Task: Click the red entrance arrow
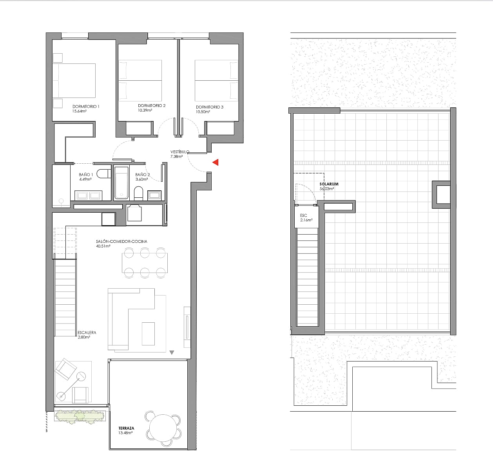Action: [x=216, y=162]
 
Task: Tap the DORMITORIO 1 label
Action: [x=86, y=107]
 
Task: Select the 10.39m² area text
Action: [x=145, y=110]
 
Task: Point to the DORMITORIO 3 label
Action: [x=210, y=107]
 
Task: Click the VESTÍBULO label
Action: [x=180, y=152]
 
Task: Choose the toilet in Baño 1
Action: [x=104, y=173]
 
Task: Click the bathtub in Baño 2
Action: [x=121, y=183]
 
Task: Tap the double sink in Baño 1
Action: [x=89, y=195]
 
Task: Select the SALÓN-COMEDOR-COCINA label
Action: [x=121, y=241]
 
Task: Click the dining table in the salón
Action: [x=145, y=262]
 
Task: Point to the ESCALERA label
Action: [x=87, y=333]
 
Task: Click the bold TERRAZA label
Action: [x=126, y=428]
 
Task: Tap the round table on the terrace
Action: [x=163, y=428]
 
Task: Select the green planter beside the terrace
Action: [x=80, y=416]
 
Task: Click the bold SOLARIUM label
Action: [x=329, y=184]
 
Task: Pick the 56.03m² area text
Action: [x=327, y=188]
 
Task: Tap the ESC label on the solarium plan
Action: [x=303, y=215]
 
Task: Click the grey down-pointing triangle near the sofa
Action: [x=172, y=352]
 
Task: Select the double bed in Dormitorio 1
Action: [x=74, y=81]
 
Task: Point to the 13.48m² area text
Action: [x=125, y=433]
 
